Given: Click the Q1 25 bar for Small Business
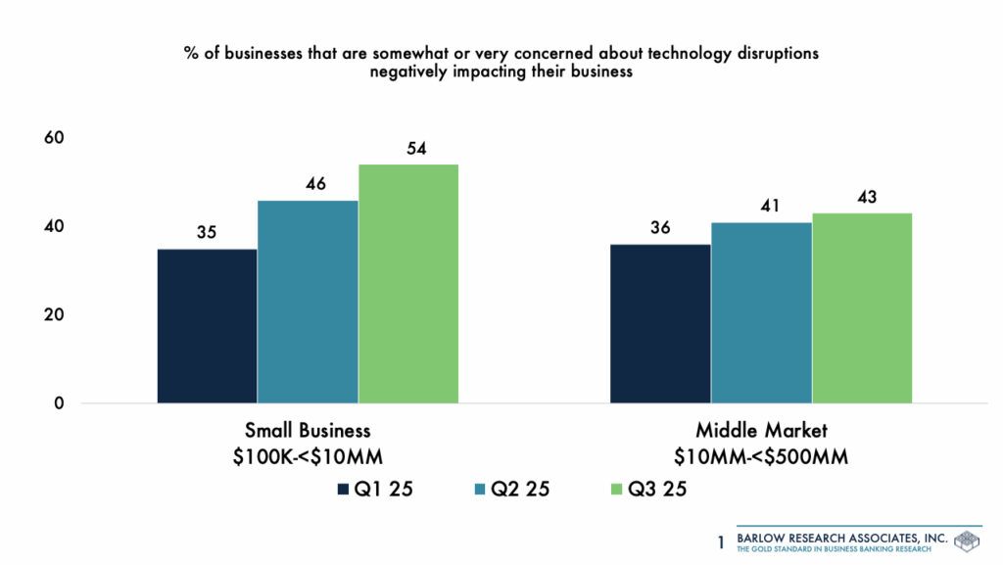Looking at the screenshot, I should pyautogui.click(x=207, y=325).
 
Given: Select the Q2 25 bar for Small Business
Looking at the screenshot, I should pyautogui.click(x=308, y=302).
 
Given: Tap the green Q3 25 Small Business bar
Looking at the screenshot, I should pyautogui.click(x=408, y=283).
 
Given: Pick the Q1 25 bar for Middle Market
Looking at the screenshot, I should pyautogui.click(x=660, y=323).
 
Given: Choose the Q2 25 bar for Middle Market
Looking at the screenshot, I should pyautogui.click(x=761, y=312).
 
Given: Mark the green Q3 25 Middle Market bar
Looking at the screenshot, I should pyautogui.click(x=862, y=307).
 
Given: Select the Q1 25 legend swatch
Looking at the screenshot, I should pyautogui.click(x=343, y=490).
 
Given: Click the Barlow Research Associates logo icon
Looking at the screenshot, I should pyautogui.click(x=966, y=541).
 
